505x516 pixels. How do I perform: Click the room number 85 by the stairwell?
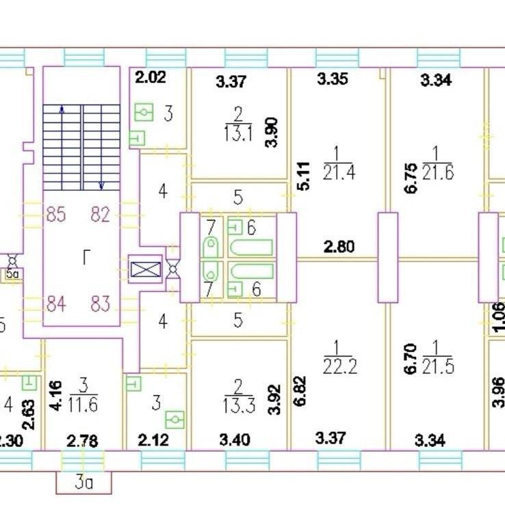(56, 215)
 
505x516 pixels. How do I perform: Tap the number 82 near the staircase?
(100, 215)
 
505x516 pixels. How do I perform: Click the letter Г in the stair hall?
(86, 258)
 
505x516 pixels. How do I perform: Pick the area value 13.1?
(239, 134)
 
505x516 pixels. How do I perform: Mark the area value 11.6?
(83, 404)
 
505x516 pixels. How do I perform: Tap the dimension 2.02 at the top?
(150, 77)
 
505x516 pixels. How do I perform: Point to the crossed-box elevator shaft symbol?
(146, 269)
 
